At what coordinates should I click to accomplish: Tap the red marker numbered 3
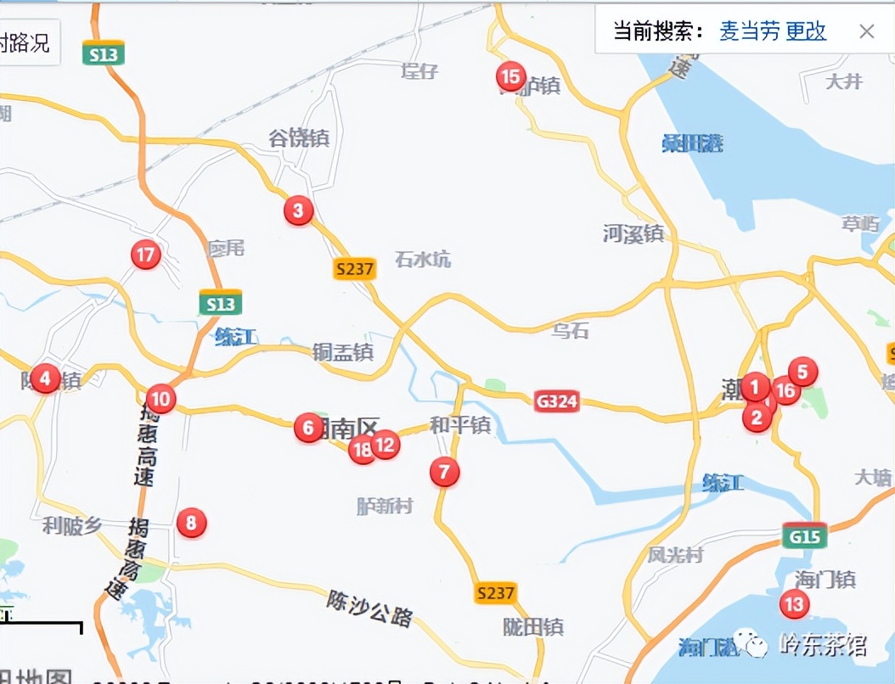click(298, 210)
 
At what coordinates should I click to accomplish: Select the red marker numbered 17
click(146, 254)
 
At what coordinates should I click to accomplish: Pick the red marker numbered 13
click(794, 604)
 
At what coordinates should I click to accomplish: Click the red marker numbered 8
click(191, 523)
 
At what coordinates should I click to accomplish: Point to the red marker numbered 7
click(444, 471)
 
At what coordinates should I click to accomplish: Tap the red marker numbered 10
click(160, 398)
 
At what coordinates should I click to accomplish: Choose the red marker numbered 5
click(802, 371)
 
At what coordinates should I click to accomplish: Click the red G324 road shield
click(556, 401)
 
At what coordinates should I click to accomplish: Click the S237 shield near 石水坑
click(353, 269)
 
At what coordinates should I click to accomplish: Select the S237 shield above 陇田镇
click(495, 592)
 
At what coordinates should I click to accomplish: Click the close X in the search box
click(866, 32)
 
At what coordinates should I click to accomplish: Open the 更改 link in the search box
click(805, 32)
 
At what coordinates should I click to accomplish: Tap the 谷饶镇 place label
click(298, 137)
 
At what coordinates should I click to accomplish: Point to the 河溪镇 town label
click(633, 233)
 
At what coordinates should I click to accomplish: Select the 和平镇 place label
click(460, 424)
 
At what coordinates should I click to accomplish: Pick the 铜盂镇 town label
click(342, 351)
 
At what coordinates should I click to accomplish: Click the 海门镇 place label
click(825, 580)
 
